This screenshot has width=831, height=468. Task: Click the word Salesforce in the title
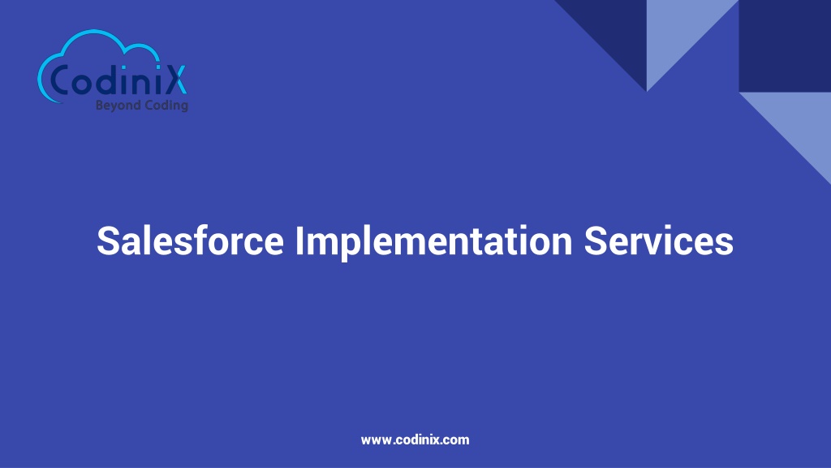pos(190,241)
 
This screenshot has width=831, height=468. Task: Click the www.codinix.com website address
pos(415,440)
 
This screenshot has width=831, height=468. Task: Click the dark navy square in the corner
pos(784,45)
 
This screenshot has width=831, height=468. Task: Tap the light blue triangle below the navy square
pos(799,122)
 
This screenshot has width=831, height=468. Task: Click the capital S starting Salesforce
pos(108,241)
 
